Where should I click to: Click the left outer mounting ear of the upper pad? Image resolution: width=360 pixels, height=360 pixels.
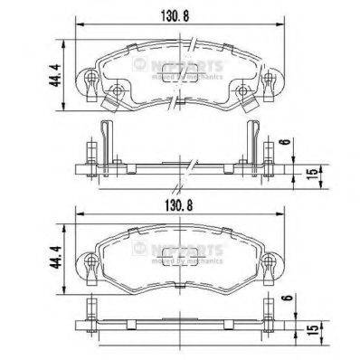90,85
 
